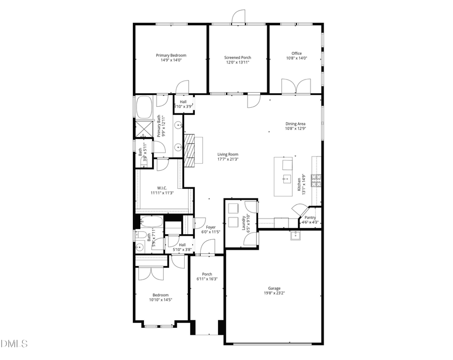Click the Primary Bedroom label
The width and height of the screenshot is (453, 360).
(x=171, y=55)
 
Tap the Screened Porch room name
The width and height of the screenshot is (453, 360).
(x=238, y=57)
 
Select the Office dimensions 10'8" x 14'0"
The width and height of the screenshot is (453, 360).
(x=296, y=58)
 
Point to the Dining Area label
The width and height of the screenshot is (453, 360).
(x=295, y=123)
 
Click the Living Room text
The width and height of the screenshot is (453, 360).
(x=228, y=154)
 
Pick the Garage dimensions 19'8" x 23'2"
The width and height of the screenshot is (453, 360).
(x=274, y=293)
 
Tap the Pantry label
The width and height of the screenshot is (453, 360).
(x=310, y=218)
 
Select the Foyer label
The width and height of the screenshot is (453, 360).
(x=211, y=227)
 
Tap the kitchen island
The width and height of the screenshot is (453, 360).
(x=287, y=176)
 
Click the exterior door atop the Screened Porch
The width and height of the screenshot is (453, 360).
(x=238, y=18)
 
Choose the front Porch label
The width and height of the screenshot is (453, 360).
(x=207, y=274)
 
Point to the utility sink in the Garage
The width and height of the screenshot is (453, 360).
(x=294, y=235)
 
